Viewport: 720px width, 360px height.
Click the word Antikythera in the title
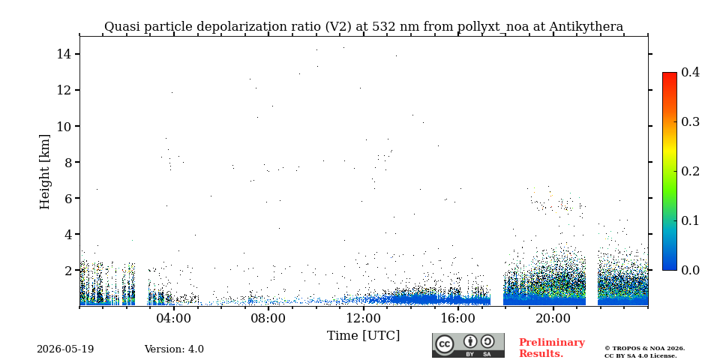point(586,27)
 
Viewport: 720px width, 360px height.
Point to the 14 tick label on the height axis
point(63,54)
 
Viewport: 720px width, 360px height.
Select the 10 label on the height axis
point(63,126)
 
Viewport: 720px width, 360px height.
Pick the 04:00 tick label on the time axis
point(174,319)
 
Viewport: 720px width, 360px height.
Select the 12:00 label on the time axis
point(363,319)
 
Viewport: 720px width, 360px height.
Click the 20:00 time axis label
point(553,319)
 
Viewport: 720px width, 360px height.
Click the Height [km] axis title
point(44,172)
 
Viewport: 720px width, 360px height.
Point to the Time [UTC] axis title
point(363,336)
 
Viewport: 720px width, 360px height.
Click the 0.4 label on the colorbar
point(690,73)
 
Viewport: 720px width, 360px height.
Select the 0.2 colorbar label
point(690,171)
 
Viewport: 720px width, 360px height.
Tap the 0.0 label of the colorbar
point(690,270)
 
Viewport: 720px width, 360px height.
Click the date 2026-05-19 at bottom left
point(65,349)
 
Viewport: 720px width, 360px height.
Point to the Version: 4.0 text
point(174,349)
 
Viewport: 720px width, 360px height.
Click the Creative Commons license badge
point(468,345)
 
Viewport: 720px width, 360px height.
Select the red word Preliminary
point(552,343)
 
